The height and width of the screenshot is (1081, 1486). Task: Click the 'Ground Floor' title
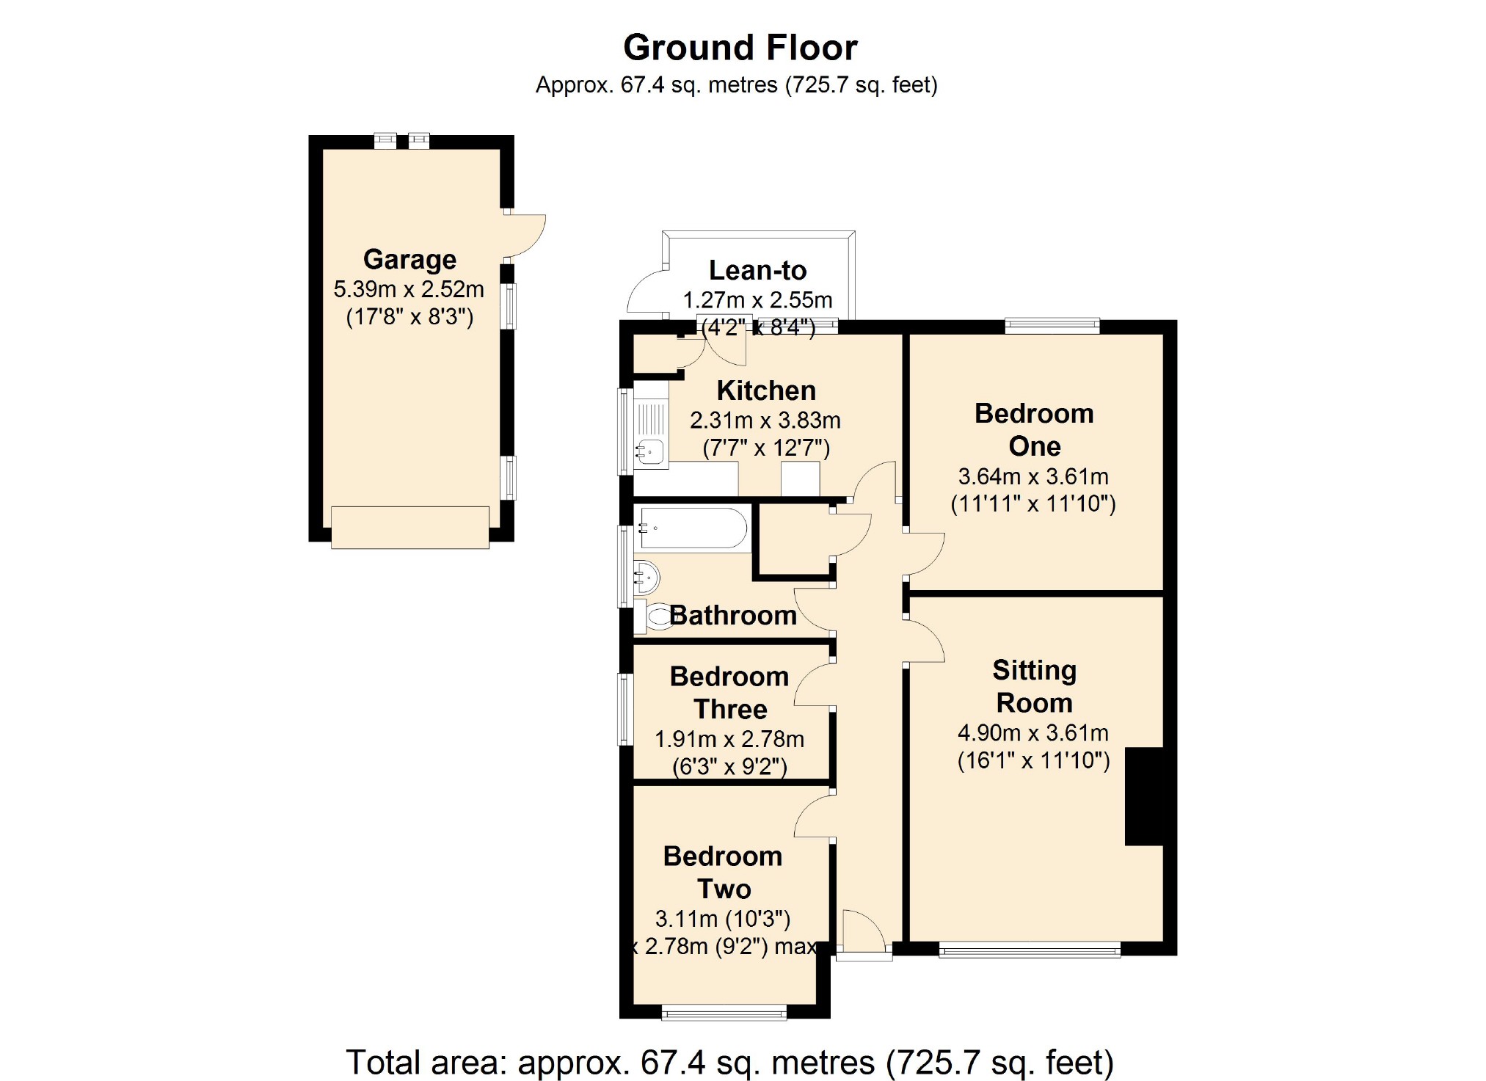(740, 48)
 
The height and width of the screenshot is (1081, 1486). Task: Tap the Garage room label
(409, 260)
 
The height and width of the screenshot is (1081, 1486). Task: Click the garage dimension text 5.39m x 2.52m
(409, 289)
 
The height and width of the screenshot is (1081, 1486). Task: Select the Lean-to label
(757, 271)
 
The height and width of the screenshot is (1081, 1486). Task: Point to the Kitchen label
(766, 390)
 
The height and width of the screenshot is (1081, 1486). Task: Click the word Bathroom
(733, 615)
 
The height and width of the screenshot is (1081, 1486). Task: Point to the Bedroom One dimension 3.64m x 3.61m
(1033, 477)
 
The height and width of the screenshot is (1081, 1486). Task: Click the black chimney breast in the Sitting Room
(1145, 796)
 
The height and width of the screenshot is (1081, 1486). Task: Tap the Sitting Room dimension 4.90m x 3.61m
(1033, 733)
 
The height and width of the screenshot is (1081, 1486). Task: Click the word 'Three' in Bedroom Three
(730, 710)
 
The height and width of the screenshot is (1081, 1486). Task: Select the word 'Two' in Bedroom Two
(724, 889)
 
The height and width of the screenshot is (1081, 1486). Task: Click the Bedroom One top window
(1052, 326)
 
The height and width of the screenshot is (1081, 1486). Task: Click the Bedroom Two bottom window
(724, 1013)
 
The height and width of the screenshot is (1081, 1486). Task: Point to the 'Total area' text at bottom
(729, 1062)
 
